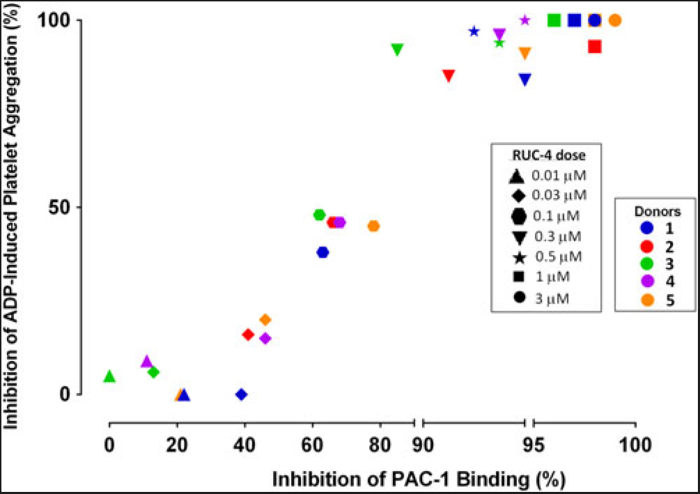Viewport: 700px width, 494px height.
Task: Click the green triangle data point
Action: pos(109,376)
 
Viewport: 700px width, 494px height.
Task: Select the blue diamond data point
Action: pos(241,394)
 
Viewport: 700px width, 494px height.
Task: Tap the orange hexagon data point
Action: pos(373,226)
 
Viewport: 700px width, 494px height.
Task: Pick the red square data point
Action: pos(594,47)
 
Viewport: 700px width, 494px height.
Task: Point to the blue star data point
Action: pos(474,31)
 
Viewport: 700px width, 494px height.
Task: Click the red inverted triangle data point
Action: pos(449,76)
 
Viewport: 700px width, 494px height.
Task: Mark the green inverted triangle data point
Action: pos(397,50)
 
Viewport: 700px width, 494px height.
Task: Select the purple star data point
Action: pos(525,20)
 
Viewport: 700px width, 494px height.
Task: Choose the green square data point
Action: pos(554,20)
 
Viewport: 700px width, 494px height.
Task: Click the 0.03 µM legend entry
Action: pos(550,194)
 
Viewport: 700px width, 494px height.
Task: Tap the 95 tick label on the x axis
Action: pos(529,444)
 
